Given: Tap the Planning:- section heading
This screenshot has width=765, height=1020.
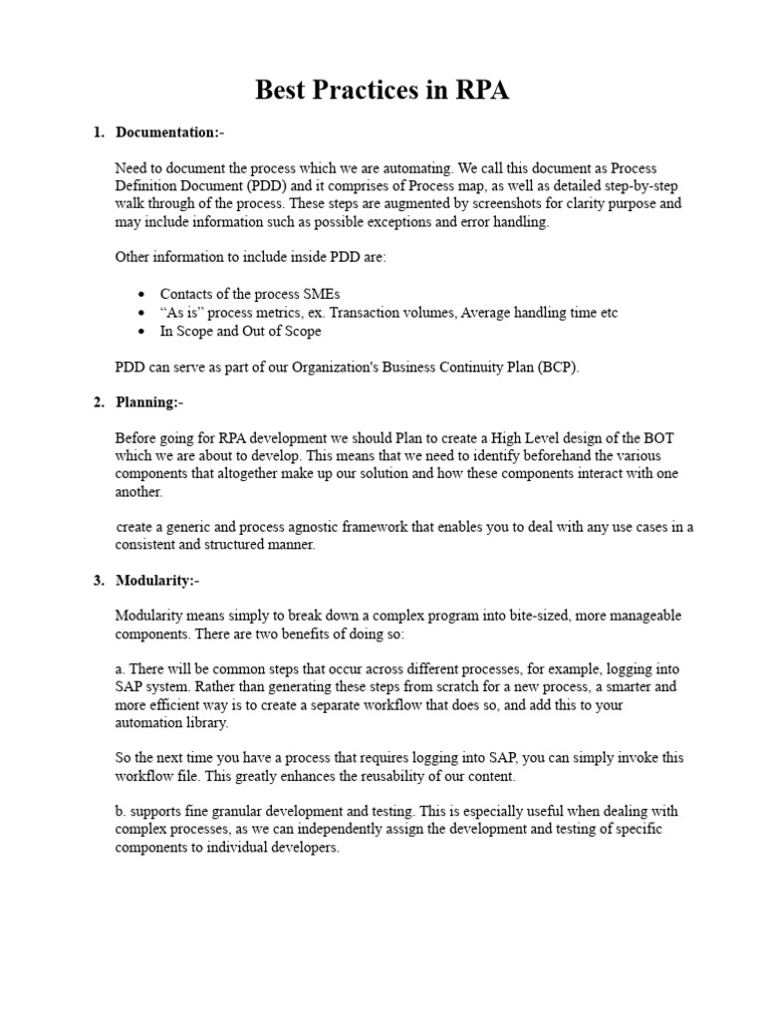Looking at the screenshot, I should (149, 402).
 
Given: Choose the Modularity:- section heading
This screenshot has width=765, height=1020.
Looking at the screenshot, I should (157, 581).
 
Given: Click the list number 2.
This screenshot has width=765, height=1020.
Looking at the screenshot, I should (99, 402).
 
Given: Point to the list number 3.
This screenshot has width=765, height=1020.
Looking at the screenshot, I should (99, 581).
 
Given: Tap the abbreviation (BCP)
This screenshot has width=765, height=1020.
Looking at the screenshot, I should (557, 367).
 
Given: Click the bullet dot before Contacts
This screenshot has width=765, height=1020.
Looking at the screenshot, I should (142, 295).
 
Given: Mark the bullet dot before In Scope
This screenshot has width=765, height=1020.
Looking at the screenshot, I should (142, 331).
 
